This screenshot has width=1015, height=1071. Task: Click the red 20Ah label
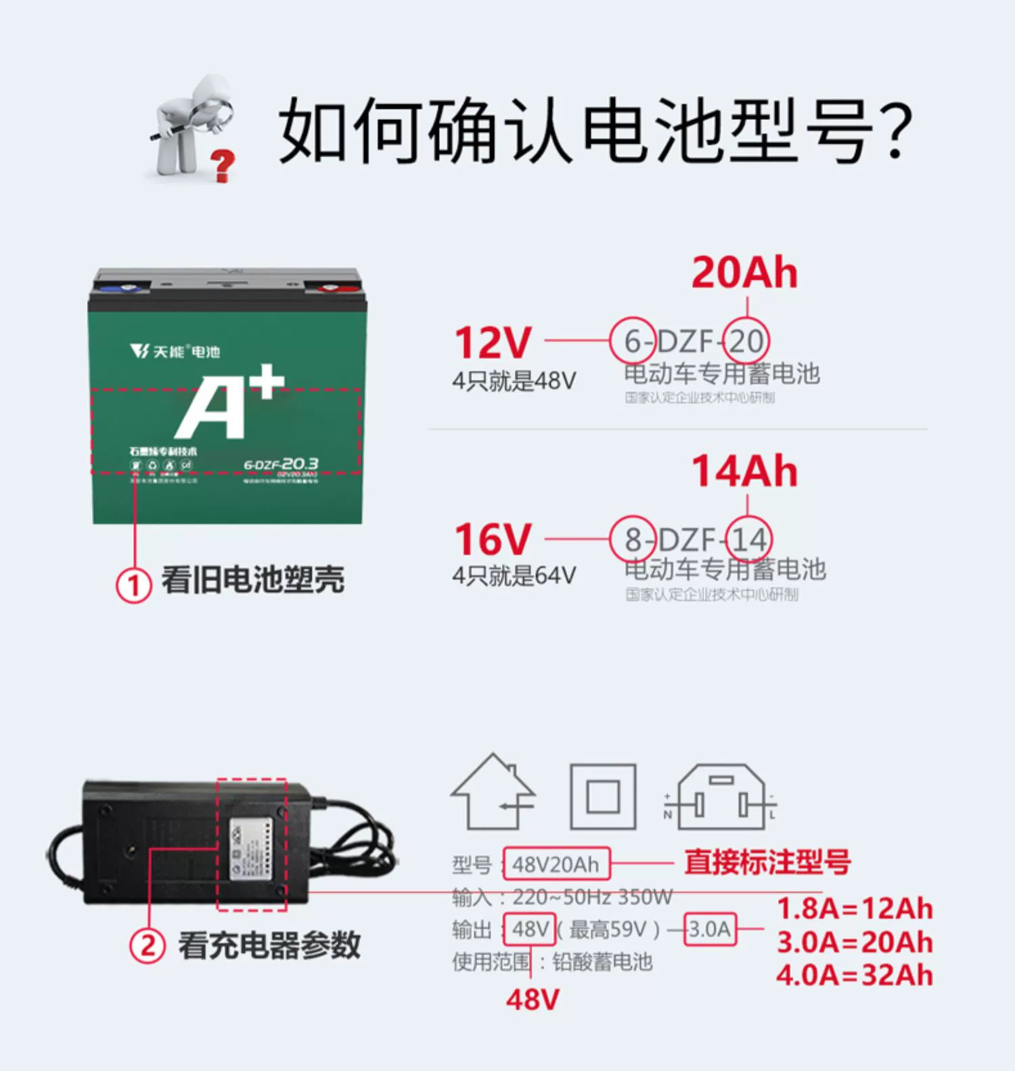(x=744, y=273)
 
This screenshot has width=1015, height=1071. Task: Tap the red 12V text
(x=493, y=343)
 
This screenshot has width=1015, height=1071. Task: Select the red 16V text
(x=493, y=540)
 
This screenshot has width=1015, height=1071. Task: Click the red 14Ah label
(x=744, y=471)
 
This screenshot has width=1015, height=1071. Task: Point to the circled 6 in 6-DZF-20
(x=632, y=341)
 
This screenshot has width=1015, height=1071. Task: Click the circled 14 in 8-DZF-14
(x=748, y=540)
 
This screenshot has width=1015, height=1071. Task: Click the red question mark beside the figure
(x=222, y=165)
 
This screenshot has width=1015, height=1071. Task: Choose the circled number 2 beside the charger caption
(x=148, y=945)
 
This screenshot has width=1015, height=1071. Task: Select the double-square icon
(x=603, y=796)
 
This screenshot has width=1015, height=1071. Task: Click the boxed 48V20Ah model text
(x=556, y=865)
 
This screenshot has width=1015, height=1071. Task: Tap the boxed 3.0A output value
(x=710, y=929)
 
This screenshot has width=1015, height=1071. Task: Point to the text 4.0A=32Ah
(x=854, y=976)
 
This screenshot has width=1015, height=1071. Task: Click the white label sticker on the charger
(x=250, y=850)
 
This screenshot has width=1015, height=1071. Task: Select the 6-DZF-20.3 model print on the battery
(x=281, y=464)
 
